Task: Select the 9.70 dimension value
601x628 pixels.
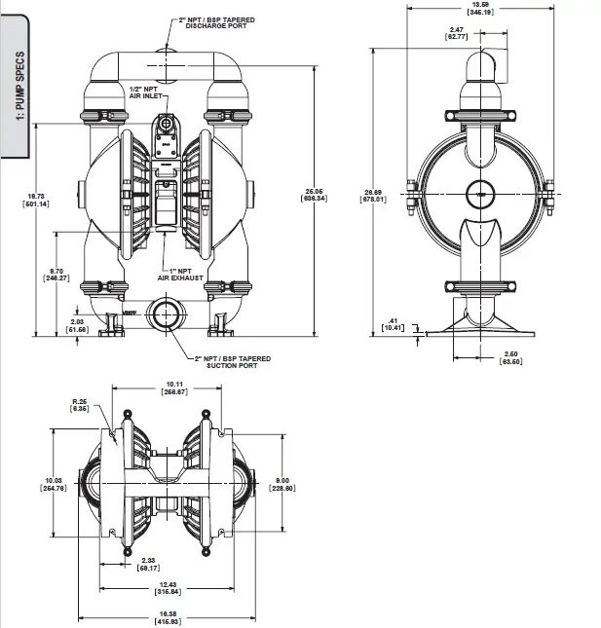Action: coord(57,274)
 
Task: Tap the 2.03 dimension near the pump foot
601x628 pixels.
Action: coord(79,326)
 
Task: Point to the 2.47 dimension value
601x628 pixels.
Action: coord(483,34)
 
